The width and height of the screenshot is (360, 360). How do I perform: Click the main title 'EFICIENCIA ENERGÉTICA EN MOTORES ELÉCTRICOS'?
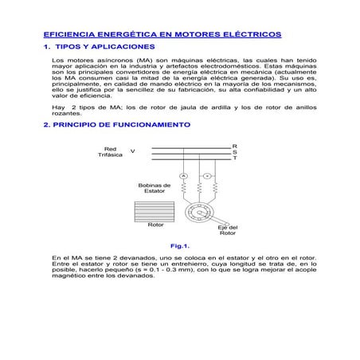click(162, 36)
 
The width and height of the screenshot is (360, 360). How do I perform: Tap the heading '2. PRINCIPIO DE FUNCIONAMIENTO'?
click(116, 126)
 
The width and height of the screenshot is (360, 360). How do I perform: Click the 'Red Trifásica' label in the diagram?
click(111, 151)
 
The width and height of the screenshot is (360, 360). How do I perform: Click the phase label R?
click(234, 146)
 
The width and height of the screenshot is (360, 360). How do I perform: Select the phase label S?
click(234, 152)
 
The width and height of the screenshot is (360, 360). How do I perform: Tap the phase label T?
click(234, 158)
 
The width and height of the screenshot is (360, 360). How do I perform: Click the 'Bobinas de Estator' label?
click(155, 188)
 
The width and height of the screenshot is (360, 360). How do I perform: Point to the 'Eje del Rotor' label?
click(228, 230)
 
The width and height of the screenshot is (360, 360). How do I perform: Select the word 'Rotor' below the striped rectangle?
click(156, 225)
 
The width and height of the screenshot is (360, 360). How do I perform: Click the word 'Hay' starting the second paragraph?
click(57, 106)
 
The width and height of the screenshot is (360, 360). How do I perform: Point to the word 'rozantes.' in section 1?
click(66, 113)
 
